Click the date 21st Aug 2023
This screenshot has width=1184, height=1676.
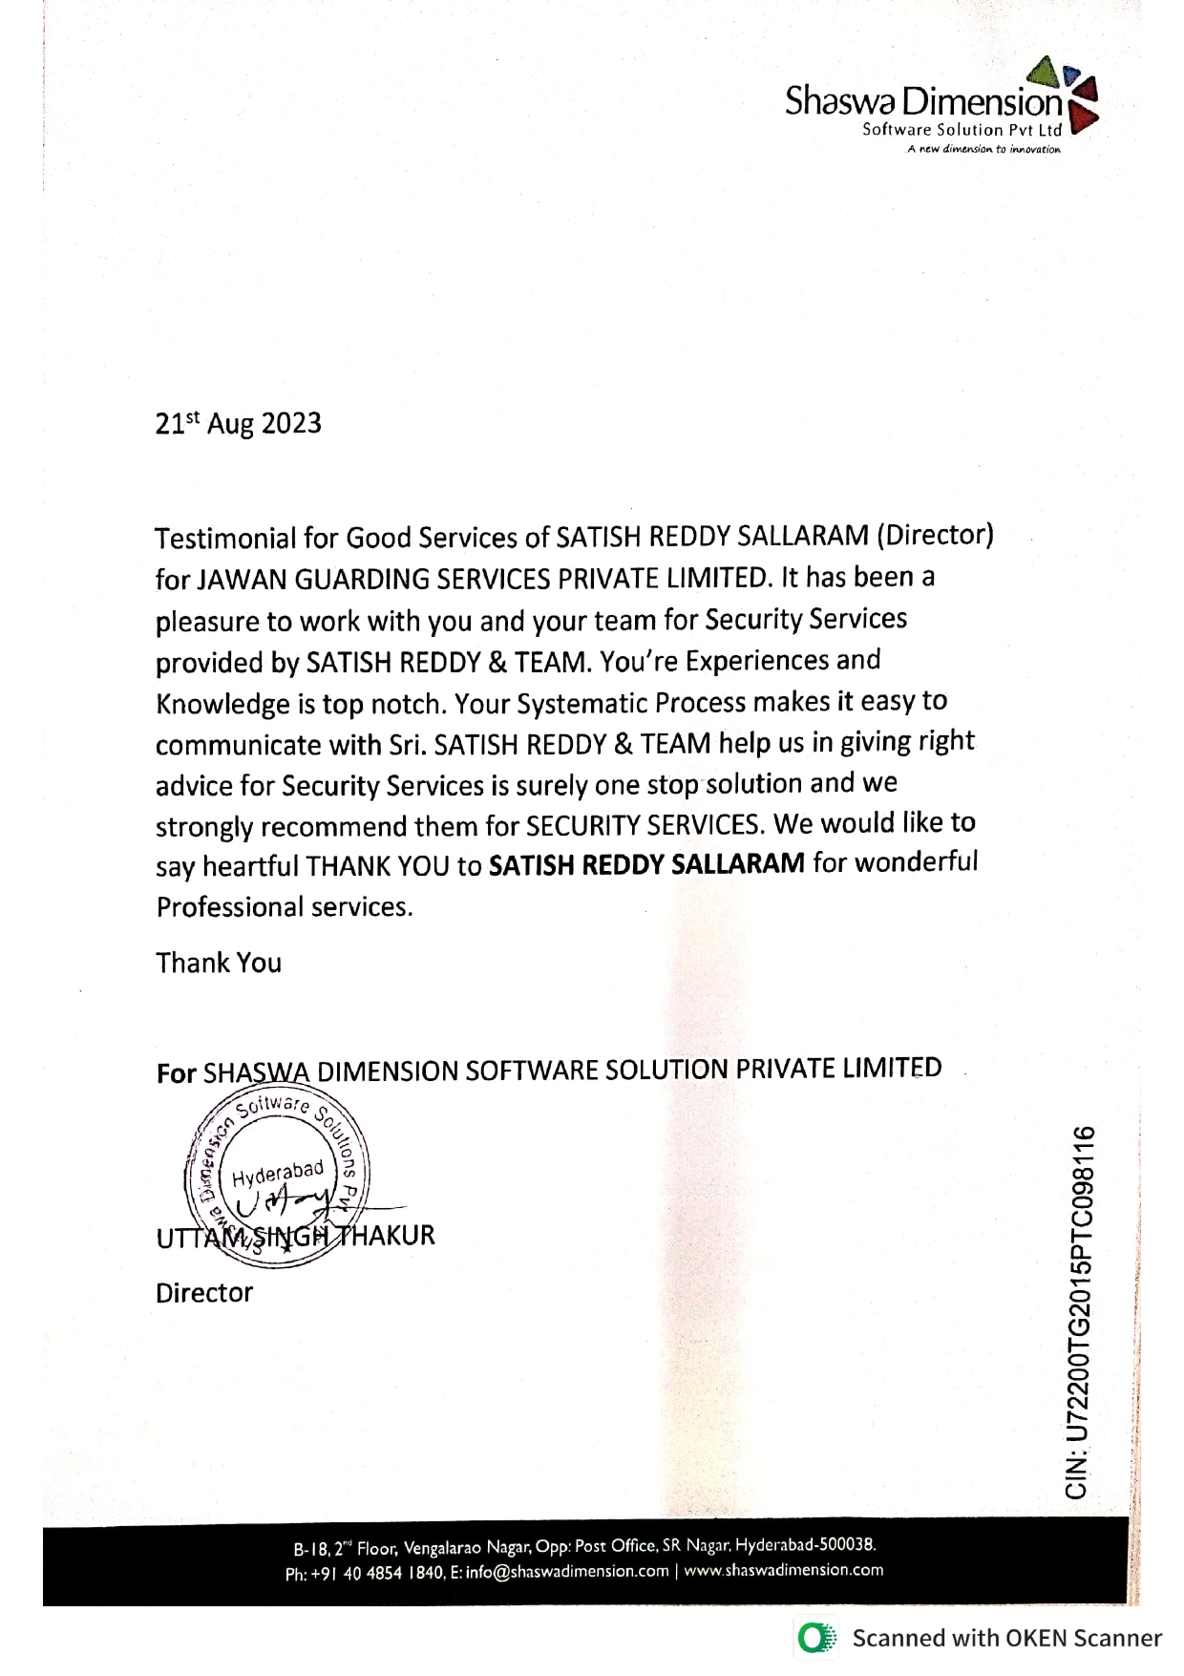pyautogui.click(x=239, y=423)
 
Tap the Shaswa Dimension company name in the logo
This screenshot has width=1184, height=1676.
pyautogui.click(x=922, y=101)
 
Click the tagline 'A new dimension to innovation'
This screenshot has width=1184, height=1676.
pyautogui.click(x=983, y=149)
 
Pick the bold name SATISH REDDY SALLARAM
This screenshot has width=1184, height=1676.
pyautogui.click(x=646, y=864)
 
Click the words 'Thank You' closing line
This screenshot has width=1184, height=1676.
pyautogui.click(x=219, y=963)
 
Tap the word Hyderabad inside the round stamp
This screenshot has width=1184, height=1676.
pyautogui.click(x=278, y=1171)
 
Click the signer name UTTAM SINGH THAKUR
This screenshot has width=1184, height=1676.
pyautogui.click(x=295, y=1236)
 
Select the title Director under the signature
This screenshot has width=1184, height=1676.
pyautogui.click(x=204, y=1293)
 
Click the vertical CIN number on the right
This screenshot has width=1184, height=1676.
pyautogui.click(x=1078, y=1312)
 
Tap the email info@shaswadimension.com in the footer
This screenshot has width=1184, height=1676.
pyautogui.click(x=567, y=1572)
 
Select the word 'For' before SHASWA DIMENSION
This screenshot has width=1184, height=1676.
pyautogui.click(x=176, y=1073)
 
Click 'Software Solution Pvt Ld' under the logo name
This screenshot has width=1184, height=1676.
pyautogui.click(x=962, y=130)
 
